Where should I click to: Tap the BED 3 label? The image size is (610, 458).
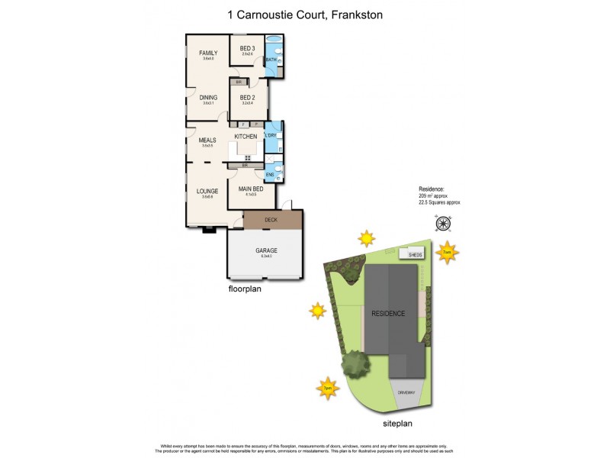246,48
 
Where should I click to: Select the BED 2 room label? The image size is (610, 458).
246,98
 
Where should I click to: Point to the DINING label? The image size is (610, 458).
208,98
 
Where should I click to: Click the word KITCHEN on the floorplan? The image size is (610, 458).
246,136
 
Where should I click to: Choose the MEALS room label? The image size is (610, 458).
207,140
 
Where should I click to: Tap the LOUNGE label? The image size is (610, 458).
207,191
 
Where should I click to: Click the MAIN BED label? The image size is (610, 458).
251,189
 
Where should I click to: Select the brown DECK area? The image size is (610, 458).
271,220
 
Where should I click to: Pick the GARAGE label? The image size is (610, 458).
266,250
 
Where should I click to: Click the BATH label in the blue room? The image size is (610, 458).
271,60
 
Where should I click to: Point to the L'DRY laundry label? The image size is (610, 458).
271,136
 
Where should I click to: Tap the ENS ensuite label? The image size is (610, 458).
270,175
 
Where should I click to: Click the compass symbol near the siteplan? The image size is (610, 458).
442,223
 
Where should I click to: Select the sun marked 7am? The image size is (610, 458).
448,252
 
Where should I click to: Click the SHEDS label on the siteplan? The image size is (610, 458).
416,255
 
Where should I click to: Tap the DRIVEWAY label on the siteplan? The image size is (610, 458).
406,393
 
